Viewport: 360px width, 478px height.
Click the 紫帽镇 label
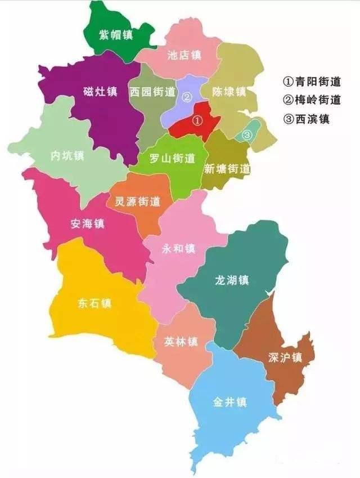[x=116, y=35]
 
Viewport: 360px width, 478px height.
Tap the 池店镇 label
[x=184, y=55]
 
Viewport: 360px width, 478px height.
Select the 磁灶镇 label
[x=100, y=91]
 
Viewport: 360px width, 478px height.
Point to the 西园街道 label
[x=152, y=91]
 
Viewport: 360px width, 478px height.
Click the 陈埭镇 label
[x=229, y=91]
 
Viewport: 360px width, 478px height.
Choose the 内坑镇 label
[x=67, y=156]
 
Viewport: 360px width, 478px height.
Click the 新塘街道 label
[x=227, y=168]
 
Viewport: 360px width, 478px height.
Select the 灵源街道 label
[x=138, y=201]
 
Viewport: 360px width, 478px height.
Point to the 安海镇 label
[x=88, y=224]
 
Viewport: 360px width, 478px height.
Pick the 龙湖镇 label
[x=232, y=280]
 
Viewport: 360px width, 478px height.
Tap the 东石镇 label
[x=94, y=303]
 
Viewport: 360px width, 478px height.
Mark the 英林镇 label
[x=181, y=341]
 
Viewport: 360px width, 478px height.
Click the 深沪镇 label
[x=286, y=358]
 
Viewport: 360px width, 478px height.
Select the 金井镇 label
[x=230, y=403]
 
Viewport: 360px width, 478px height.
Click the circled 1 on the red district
[x=197, y=120]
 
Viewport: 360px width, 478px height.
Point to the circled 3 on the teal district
[x=246, y=135]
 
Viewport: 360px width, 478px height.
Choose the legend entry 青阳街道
[x=312, y=82]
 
